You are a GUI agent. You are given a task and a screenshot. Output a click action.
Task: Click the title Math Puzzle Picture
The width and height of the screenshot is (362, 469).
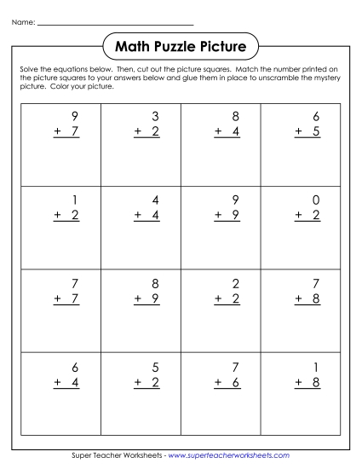[x=180, y=43]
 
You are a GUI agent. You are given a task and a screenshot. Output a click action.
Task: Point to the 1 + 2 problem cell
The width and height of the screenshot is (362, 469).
[x=60, y=227]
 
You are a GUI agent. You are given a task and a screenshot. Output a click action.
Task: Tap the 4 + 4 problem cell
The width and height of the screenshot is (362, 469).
[x=141, y=227]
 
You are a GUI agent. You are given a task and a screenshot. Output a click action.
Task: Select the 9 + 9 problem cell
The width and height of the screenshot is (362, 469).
[x=221, y=227]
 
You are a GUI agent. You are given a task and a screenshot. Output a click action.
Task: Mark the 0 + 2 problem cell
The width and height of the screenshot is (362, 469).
[x=301, y=227]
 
